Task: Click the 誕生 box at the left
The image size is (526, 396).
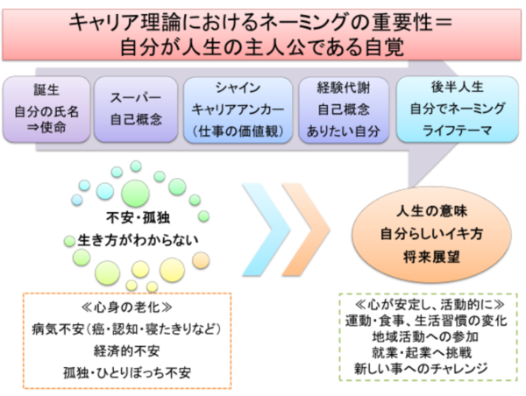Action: [46, 110]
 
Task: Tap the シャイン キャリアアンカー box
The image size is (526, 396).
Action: [238, 110]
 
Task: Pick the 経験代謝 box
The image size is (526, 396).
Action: [343, 110]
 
